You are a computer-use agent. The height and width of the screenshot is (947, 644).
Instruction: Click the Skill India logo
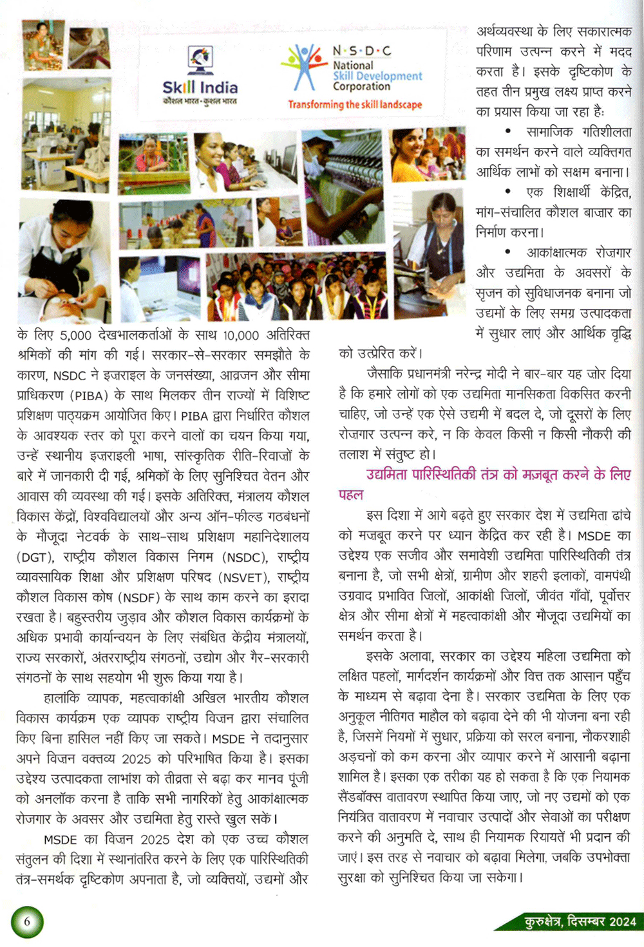click(200, 76)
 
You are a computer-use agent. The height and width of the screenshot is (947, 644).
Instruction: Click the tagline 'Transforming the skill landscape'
click(355, 104)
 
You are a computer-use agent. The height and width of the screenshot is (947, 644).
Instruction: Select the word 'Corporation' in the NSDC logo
click(361, 86)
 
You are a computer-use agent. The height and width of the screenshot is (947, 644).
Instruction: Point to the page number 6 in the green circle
click(27, 921)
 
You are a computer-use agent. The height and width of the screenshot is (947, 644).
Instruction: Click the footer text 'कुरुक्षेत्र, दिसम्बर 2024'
click(580, 921)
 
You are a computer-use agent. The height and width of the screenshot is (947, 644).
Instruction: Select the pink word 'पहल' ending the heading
click(351, 495)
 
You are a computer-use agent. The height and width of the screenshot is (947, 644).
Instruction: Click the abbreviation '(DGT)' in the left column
click(36, 556)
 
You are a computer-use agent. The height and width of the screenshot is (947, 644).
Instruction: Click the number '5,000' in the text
click(75, 335)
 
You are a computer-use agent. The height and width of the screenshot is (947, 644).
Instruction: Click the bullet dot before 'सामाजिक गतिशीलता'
click(508, 131)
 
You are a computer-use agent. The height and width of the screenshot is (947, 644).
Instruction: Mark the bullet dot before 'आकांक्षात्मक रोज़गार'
click(508, 252)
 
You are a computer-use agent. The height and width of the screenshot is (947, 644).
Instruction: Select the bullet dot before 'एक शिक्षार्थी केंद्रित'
click(508, 192)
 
